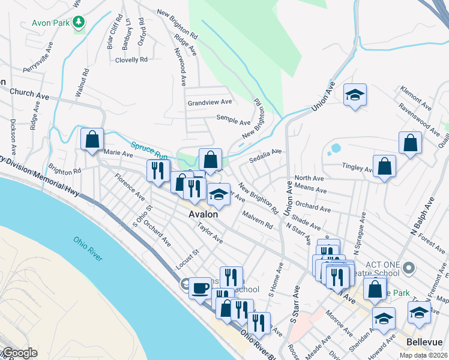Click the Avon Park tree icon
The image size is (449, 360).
79,23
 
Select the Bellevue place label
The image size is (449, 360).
424,341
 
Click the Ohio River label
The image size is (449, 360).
88,248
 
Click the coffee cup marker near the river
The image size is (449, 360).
200,287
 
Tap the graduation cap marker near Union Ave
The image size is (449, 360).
355,94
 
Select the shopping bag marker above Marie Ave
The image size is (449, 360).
92,139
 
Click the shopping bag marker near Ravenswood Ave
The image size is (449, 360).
410,143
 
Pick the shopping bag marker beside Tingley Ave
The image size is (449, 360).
384,167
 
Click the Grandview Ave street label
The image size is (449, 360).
209,103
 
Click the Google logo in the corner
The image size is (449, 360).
19,353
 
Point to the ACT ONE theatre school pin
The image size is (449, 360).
409,267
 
